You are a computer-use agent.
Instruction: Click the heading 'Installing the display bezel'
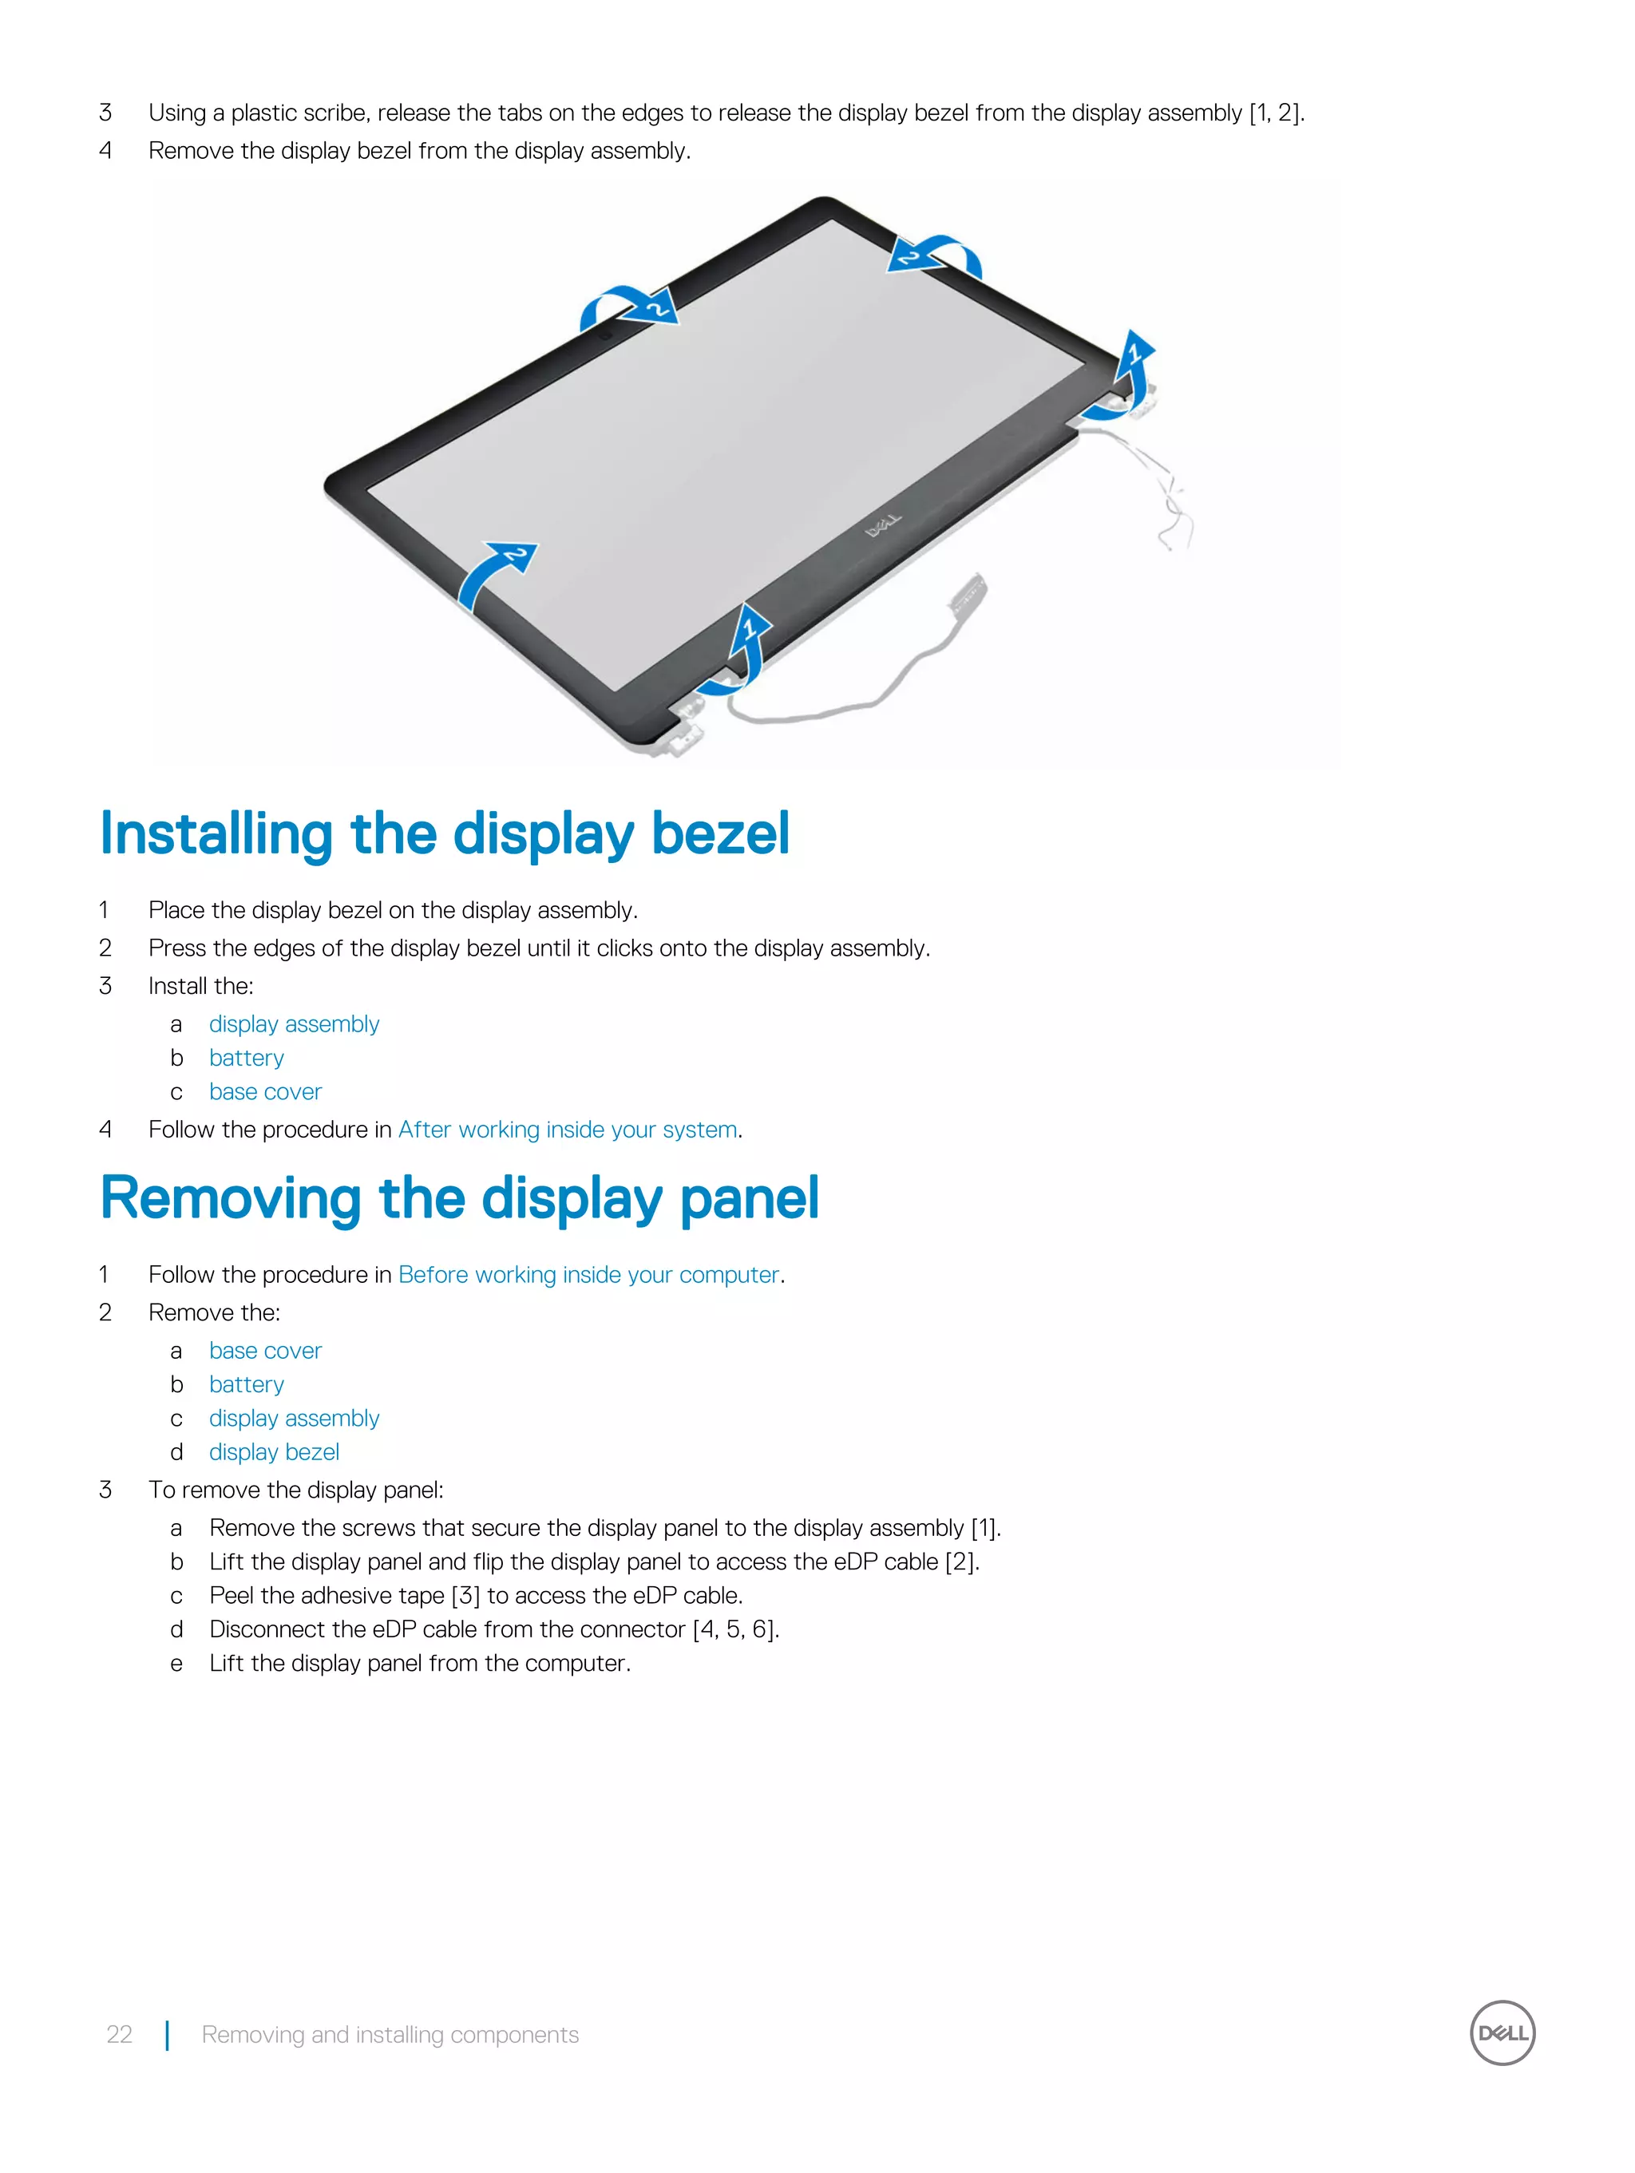[x=444, y=834]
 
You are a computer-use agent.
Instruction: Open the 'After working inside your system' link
[x=567, y=1130]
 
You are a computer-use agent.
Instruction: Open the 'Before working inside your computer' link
[x=588, y=1274]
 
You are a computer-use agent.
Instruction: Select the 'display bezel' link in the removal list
[x=273, y=1452]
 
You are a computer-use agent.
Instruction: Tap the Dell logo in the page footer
[x=1502, y=2032]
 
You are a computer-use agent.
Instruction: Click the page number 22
[x=119, y=2034]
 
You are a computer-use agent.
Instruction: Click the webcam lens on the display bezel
[x=605, y=334]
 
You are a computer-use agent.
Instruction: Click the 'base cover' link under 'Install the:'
[x=265, y=1091]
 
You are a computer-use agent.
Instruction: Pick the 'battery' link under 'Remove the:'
[x=246, y=1384]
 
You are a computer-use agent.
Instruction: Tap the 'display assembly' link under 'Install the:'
[x=294, y=1023]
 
